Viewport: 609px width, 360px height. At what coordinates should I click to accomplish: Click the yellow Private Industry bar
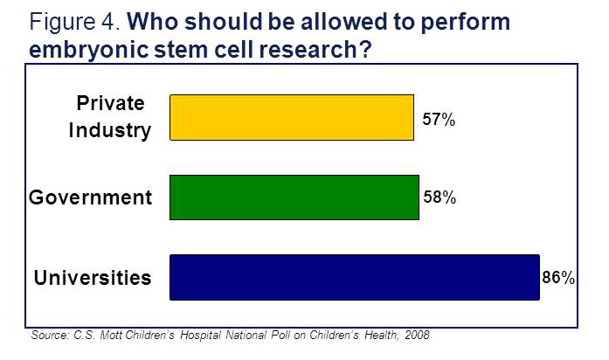290,117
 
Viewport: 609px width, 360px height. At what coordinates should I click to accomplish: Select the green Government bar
294,197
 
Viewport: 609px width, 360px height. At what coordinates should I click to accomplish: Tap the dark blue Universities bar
354,278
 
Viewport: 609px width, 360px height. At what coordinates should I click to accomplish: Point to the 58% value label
439,198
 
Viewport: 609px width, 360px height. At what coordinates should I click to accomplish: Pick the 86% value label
557,279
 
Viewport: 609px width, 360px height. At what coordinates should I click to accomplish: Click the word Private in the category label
112,105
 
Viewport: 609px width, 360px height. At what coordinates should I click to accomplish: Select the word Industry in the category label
112,131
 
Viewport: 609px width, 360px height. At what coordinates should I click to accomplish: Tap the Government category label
90,197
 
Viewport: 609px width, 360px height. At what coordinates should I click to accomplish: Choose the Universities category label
93,279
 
